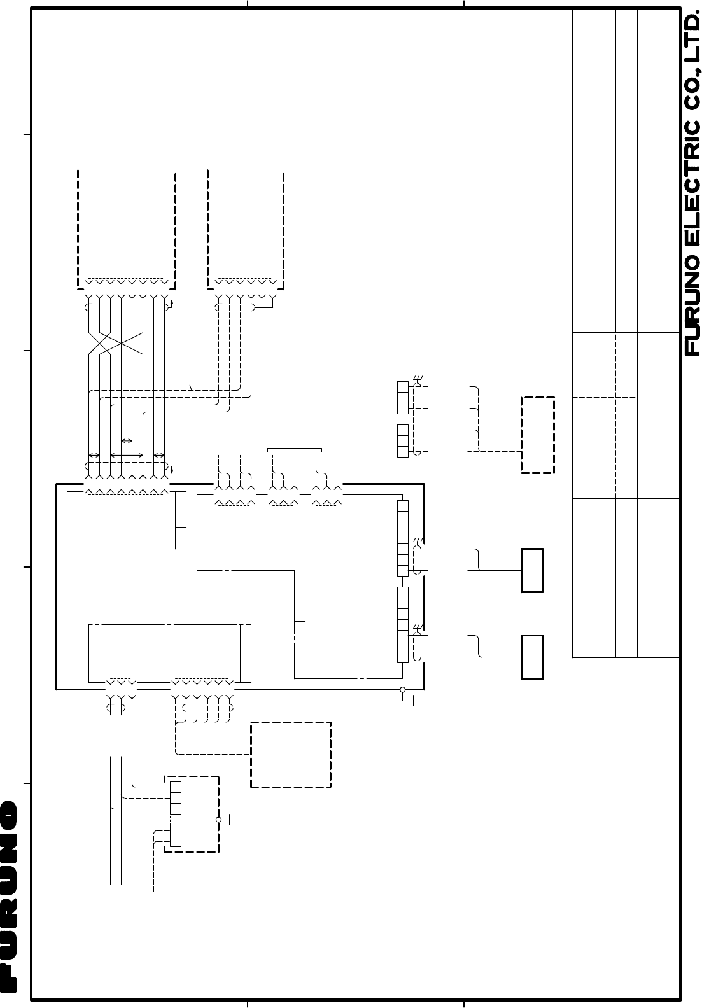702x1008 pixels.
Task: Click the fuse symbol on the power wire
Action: click(x=110, y=765)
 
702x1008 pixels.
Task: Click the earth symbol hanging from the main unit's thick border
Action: click(x=413, y=700)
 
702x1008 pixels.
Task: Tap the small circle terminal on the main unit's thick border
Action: click(x=403, y=690)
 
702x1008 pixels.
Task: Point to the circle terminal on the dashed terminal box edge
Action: click(x=219, y=820)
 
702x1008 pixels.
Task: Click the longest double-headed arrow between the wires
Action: click(x=127, y=456)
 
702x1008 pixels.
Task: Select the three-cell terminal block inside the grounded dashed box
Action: click(x=176, y=798)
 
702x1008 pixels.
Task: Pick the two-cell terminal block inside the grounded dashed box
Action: click(x=176, y=836)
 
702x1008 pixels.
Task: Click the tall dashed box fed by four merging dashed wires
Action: click(x=538, y=435)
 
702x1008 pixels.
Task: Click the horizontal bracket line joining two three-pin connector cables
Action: click(x=295, y=449)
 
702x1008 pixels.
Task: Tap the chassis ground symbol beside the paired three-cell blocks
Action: click(x=418, y=379)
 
